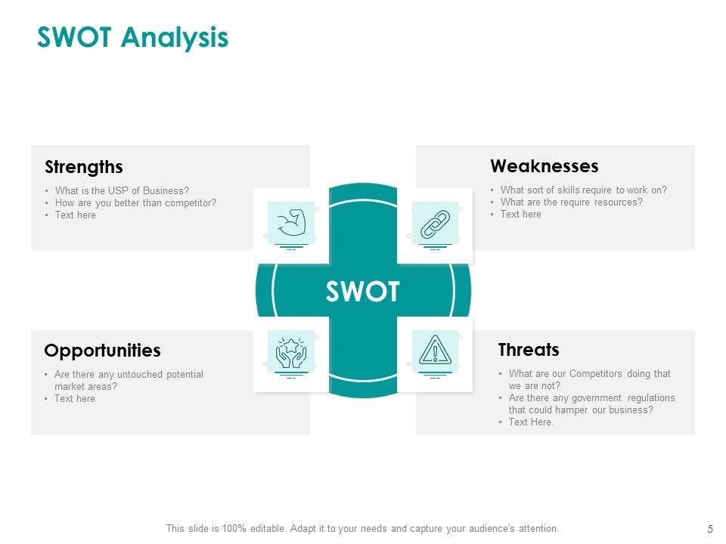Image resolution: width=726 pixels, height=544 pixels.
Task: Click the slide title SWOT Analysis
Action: [x=133, y=38]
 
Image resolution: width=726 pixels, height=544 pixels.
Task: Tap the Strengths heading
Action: [x=84, y=167]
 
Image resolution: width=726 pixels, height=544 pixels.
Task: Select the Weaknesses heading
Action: [x=544, y=166]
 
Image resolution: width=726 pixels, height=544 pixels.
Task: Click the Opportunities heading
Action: [x=102, y=351]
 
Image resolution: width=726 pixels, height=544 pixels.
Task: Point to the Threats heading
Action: [x=529, y=350]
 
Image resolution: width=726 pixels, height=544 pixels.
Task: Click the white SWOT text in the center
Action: [x=362, y=292]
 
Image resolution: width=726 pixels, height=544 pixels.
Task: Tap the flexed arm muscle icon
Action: [x=291, y=223]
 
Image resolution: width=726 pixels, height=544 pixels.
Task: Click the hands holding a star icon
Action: [x=291, y=353]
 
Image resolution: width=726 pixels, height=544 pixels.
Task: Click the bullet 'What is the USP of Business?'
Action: [x=123, y=190]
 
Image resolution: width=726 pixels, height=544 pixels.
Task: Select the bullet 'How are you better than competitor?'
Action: [x=135, y=203]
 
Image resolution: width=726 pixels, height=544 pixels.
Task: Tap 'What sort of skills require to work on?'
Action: [x=584, y=190]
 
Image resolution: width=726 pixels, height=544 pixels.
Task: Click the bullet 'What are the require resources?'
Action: [x=572, y=202]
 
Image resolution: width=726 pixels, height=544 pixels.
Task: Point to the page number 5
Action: [x=710, y=529]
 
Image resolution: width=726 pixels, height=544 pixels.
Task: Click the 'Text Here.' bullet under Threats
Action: [x=531, y=422]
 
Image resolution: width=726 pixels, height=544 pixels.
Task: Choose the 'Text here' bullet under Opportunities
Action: [x=75, y=399]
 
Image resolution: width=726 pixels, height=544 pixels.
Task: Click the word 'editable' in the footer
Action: [x=268, y=528]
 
